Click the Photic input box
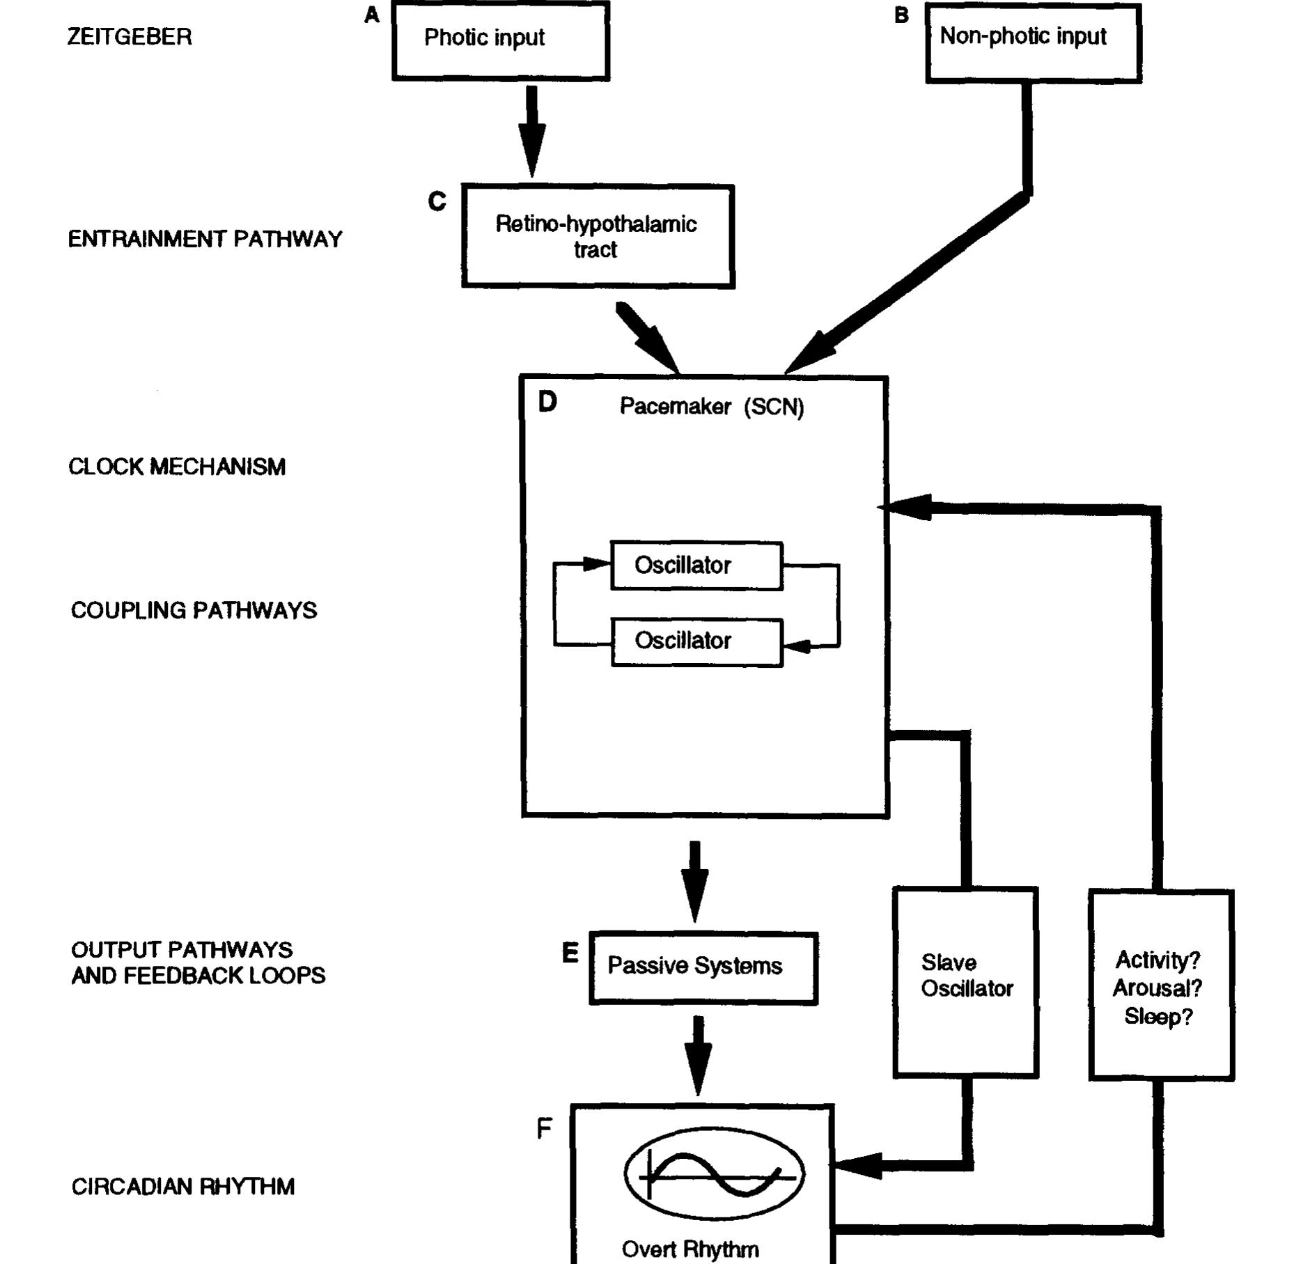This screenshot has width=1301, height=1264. tap(500, 40)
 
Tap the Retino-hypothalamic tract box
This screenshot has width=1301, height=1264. tap(598, 236)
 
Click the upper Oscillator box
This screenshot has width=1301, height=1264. tap(696, 565)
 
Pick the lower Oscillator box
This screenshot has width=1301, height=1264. tap(696, 641)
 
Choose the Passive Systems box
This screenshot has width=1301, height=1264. tap(703, 967)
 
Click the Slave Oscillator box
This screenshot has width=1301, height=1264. tap(965, 981)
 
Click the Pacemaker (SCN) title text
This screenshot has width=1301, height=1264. tap(711, 407)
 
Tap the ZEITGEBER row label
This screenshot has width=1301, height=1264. tap(130, 37)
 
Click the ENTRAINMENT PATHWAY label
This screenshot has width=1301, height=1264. tap(205, 240)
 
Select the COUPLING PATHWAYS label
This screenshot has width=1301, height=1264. tap(194, 611)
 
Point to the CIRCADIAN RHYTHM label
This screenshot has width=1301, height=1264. tap(183, 1187)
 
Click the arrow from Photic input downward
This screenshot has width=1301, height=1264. tap(531, 132)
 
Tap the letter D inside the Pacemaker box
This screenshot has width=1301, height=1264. tap(547, 402)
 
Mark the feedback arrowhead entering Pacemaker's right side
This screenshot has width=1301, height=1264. tap(904, 508)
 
